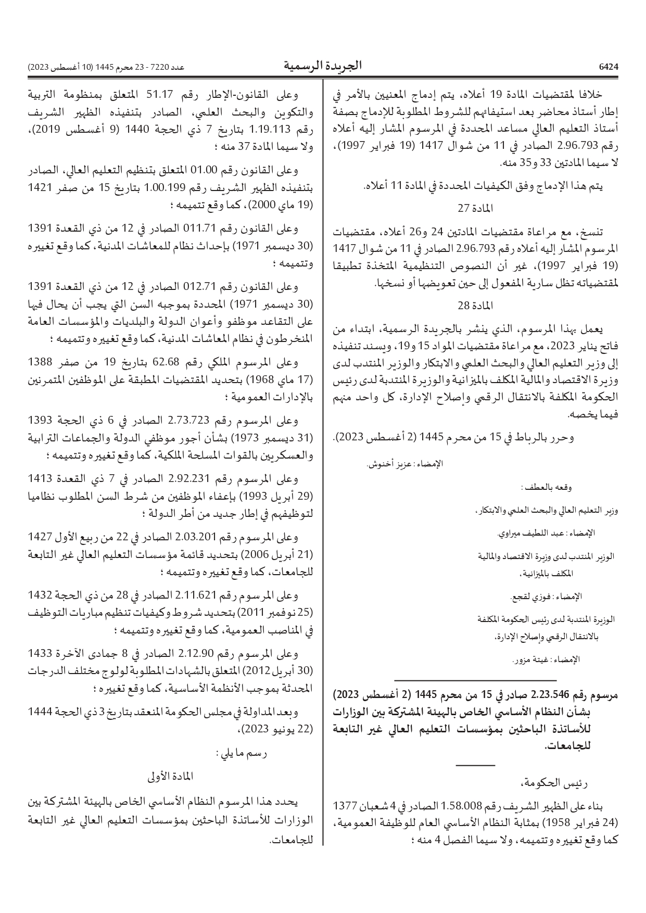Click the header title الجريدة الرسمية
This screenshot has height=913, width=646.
coord(323,66)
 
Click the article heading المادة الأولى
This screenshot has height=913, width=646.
coord(171,776)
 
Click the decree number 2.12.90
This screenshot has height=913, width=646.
coord(194,654)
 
